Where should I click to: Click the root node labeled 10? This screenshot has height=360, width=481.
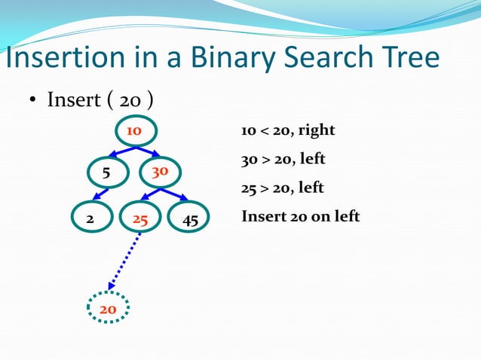135,131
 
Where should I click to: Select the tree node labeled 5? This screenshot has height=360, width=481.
106,172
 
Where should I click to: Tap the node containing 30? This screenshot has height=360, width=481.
160,172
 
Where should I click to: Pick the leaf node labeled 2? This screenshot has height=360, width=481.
90,219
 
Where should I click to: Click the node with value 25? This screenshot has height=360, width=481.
140,219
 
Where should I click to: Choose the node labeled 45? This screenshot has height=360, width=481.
190,219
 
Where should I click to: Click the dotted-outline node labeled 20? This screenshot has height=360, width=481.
108,308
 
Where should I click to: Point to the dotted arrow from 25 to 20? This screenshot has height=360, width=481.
125,261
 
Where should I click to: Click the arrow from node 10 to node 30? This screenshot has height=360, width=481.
148,152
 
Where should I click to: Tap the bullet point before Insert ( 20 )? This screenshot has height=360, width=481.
33,102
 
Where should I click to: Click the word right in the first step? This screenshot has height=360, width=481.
316,131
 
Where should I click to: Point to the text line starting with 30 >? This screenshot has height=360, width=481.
283,160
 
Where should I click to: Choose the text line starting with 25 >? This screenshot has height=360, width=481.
283,188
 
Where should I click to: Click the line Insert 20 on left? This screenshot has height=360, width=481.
300,217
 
